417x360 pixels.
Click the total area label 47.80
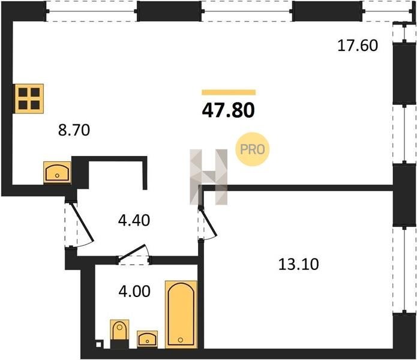click(x=229, y=110)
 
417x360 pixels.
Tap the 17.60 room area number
click(x=358, y=45)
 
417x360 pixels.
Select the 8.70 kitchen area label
click(x=74, y=130)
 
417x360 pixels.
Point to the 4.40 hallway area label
click(x=134, y=220)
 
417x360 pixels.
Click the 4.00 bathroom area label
click(x=134, y=291)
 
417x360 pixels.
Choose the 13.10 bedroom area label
click(x=298, y=264)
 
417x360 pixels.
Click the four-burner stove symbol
click(x=29, y=99)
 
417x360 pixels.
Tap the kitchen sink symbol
click(x=57, y=172)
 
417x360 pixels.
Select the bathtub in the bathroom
click(x=181, y=314)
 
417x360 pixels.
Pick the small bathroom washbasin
click(x=148, y=339)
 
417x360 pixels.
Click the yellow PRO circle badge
click(x=253, y=149)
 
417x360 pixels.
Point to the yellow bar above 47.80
click(x=229, y=92)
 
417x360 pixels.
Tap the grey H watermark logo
click(x=209, y=177)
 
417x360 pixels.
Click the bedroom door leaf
click(x=208, y=222)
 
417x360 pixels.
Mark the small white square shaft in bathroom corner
click(x=98, y=344)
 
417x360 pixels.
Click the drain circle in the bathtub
click(x=181, y=340)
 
